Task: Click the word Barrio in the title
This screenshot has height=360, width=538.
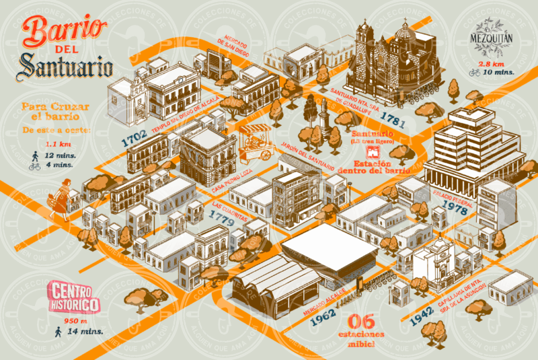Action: pos(65,31)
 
